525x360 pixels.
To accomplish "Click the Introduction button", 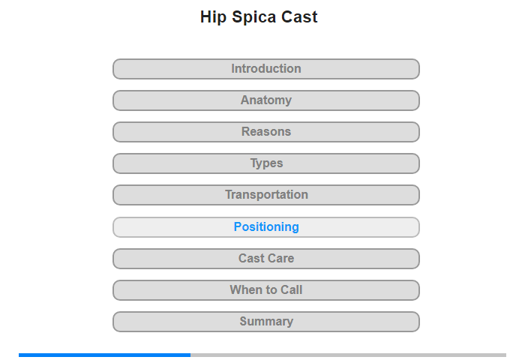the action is click(265, 69).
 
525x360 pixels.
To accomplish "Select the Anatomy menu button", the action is click(265, 100).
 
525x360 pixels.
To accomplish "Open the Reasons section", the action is click(265, 132).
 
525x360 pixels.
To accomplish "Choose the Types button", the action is click(265, 163).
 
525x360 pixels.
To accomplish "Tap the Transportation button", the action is click(265, 195).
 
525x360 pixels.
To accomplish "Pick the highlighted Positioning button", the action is click(265, 227).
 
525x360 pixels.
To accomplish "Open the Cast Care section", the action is click(265, 259).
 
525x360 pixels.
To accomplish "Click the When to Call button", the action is click(265, 290).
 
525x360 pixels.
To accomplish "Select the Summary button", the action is click(265, 322).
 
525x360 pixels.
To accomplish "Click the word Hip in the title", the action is click(213, 17).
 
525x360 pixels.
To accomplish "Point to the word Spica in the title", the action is click(254, 17).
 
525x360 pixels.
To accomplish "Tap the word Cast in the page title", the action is click(299, 16).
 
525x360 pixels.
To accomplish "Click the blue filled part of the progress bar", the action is click(104, 355).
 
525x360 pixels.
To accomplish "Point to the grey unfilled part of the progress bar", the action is click(348, 355).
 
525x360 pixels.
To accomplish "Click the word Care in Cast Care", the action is click(281, 258).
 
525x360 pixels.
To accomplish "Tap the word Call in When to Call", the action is click(291, 289).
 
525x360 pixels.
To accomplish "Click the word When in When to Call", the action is click(244, 289).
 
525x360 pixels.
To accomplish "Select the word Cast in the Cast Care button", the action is click(251, 258).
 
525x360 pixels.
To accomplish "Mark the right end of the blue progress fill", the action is click(190, 355).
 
